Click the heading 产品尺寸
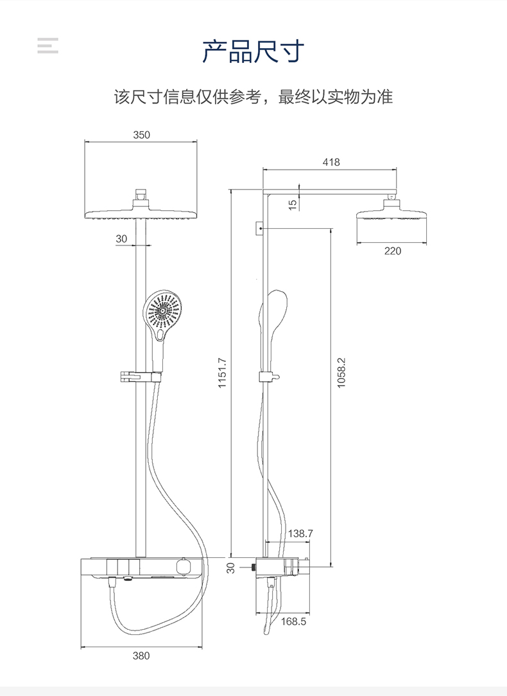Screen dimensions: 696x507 click(253, 51)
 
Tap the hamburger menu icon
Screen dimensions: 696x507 click(48, 46)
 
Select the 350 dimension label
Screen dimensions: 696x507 click(141, 135)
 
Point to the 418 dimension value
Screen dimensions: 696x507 click(331, 163)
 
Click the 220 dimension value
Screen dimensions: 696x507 click(392, 251)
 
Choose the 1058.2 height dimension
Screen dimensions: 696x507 click(341, 373)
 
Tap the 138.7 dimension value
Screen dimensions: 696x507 click(300, 533)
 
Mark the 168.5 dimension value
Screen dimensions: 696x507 click(294, 621)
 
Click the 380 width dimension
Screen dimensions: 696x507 click(141, 656)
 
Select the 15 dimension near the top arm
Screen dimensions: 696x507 click(293, 205)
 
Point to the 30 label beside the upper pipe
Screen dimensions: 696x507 click(121, 238)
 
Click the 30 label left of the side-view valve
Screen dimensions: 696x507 click(231, 567)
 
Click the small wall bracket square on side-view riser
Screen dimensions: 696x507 click(259, 228)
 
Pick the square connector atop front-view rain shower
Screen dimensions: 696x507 click(142, 193)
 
